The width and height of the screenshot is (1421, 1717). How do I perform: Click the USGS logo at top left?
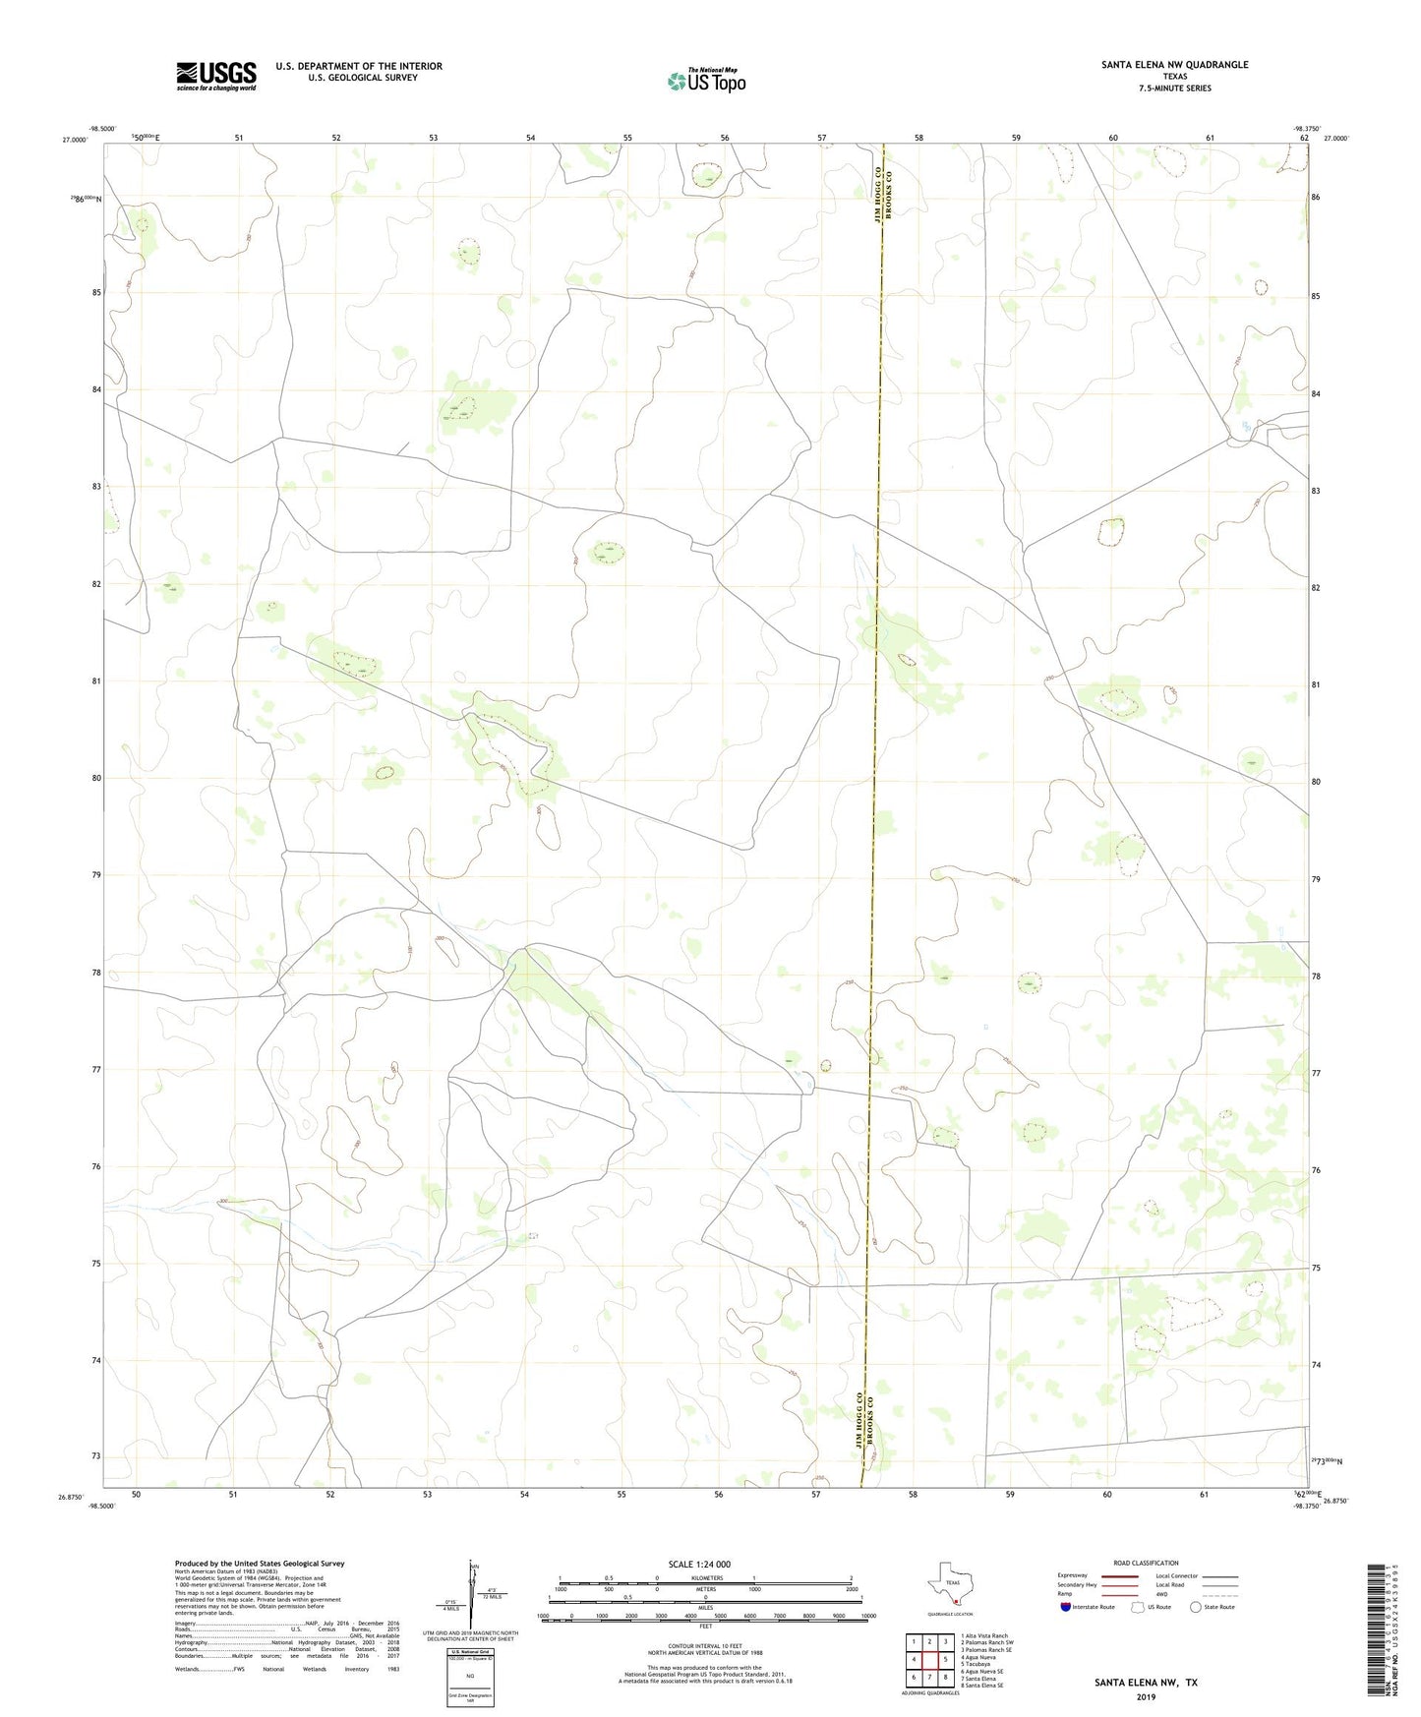coord(216,76)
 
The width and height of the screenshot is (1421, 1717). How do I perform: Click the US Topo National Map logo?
coord(706,80)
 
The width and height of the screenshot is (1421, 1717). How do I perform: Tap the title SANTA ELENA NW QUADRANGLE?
coord(1174,65)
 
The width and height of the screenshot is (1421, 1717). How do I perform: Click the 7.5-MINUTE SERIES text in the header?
coord(1174,89)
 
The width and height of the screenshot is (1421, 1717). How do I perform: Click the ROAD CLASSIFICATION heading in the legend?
coord(1146,1563)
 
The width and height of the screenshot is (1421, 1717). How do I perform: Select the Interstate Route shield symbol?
coord(1066,1607)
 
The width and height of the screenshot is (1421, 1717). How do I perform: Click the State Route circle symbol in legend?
coord(1196,1607)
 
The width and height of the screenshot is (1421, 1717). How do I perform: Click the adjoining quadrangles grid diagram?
coord(929,1660)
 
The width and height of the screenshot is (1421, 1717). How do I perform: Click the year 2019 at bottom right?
coord(1146,1696)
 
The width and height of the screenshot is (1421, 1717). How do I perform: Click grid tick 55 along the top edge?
coord(627,138)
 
